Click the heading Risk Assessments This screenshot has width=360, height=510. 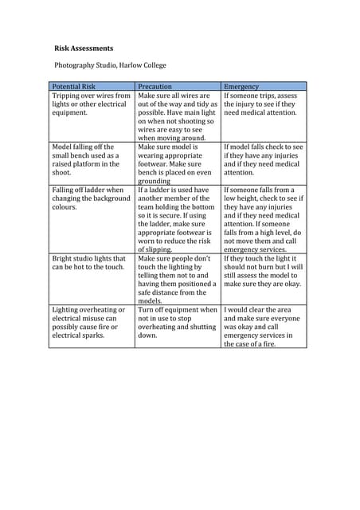coord(84,48)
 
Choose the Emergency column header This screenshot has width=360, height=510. coord(241,86)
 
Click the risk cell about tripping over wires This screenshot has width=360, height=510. coord(91,104)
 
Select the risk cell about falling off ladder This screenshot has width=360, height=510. coord(90,198)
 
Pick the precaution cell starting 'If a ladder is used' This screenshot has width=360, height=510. coord(176,219)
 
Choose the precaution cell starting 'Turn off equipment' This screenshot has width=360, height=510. coord(177,323)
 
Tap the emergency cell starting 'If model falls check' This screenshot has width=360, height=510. coord(263,159)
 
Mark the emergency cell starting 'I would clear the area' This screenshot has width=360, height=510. coord(262,327)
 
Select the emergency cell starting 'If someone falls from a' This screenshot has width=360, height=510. coord(263,219)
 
